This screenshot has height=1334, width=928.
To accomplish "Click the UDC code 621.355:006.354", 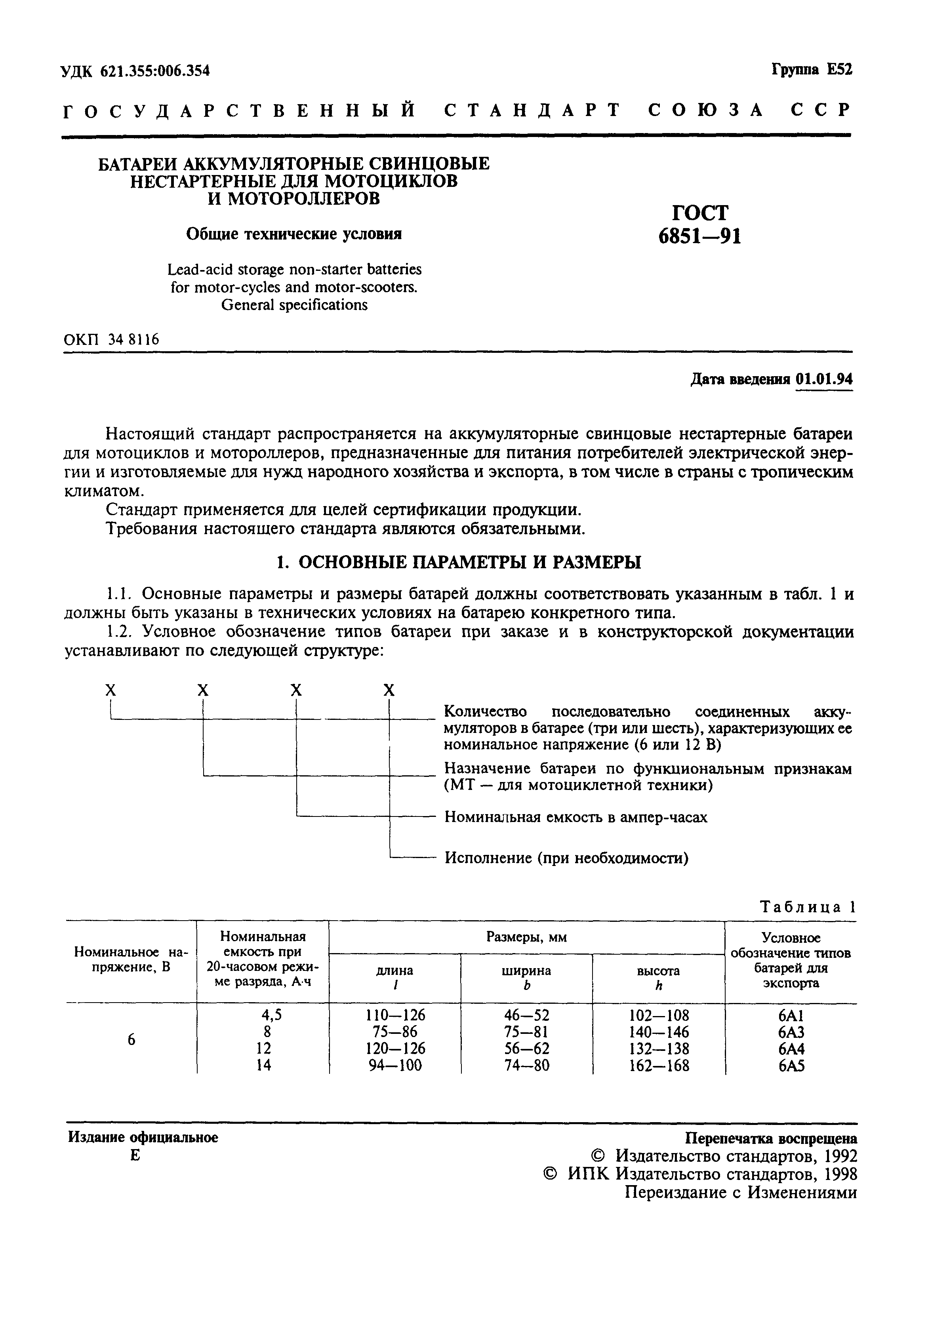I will tap(154, 71).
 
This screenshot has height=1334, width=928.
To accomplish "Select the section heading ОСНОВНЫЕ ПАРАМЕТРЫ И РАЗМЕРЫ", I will tap(459, 562).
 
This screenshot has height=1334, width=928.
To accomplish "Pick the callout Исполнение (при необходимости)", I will tap(566, 858).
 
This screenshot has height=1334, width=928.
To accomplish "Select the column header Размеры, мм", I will tap(526, 937).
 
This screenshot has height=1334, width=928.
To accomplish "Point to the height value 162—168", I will tap(659, 1066).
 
